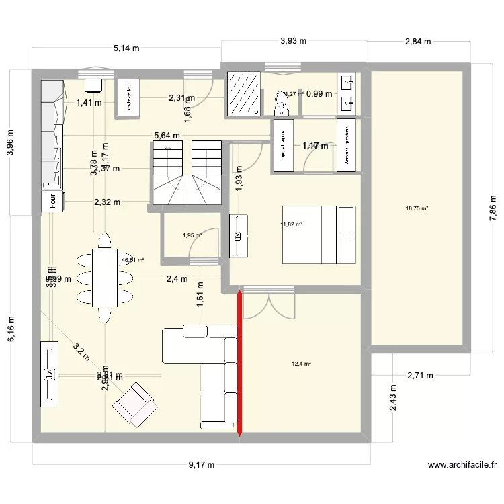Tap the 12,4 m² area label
tap(301, 364)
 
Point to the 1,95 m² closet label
tap(192, 235)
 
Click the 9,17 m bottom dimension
tap(201, 464)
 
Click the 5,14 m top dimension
tap(126, 48)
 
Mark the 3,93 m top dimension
tap(293, 41)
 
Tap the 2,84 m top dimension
tap(417, 41)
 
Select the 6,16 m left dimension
tap(10, 327)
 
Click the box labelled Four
tap(52, 201)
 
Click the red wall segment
tap(239, 363)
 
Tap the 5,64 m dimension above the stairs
tap(167, 136)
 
